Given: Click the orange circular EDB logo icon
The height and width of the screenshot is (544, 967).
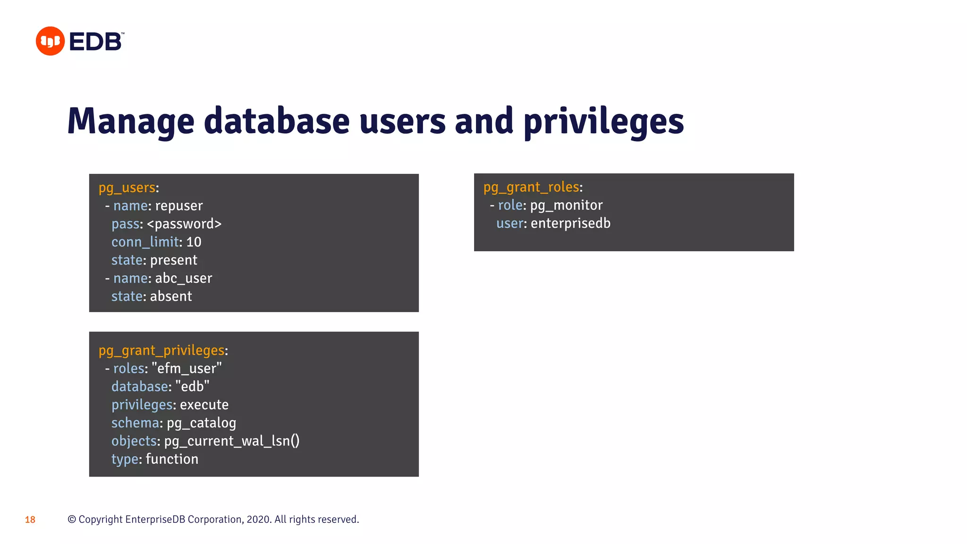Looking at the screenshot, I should tap(50, 41).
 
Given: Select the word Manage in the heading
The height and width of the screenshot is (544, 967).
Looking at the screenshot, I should tap(131, 121).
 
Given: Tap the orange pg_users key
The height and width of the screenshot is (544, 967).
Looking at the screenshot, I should tap(127, 188).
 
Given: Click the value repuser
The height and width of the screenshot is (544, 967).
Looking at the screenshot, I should tap(178, 206).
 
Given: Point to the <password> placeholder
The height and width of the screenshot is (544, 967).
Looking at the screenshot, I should tap(184, 224).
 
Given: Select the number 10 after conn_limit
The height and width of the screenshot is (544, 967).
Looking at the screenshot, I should tap(194, 242).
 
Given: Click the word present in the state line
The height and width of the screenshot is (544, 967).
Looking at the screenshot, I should tap(173, 260).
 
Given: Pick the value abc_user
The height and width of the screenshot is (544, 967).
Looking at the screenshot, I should tap(183, 279).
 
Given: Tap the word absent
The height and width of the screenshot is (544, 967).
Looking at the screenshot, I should tap(170, 297).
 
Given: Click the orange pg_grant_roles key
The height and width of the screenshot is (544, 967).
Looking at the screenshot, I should tap(531, 187).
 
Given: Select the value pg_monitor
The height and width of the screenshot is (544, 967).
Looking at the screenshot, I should tap(566, 205).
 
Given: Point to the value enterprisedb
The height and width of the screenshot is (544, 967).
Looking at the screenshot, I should tap(570, 223).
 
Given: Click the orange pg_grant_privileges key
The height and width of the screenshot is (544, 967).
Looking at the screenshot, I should tap(161, 350).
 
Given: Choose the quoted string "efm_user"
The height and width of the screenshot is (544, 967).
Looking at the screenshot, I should tap(187, 368).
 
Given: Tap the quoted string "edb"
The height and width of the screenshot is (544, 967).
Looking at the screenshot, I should tap(192, 387).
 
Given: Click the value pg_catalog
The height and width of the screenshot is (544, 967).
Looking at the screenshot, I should tap(201, 423).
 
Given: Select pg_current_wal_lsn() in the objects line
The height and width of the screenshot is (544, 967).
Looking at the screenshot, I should tap(231, 441).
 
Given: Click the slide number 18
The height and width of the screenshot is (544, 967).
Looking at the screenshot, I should tap(30, 520).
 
